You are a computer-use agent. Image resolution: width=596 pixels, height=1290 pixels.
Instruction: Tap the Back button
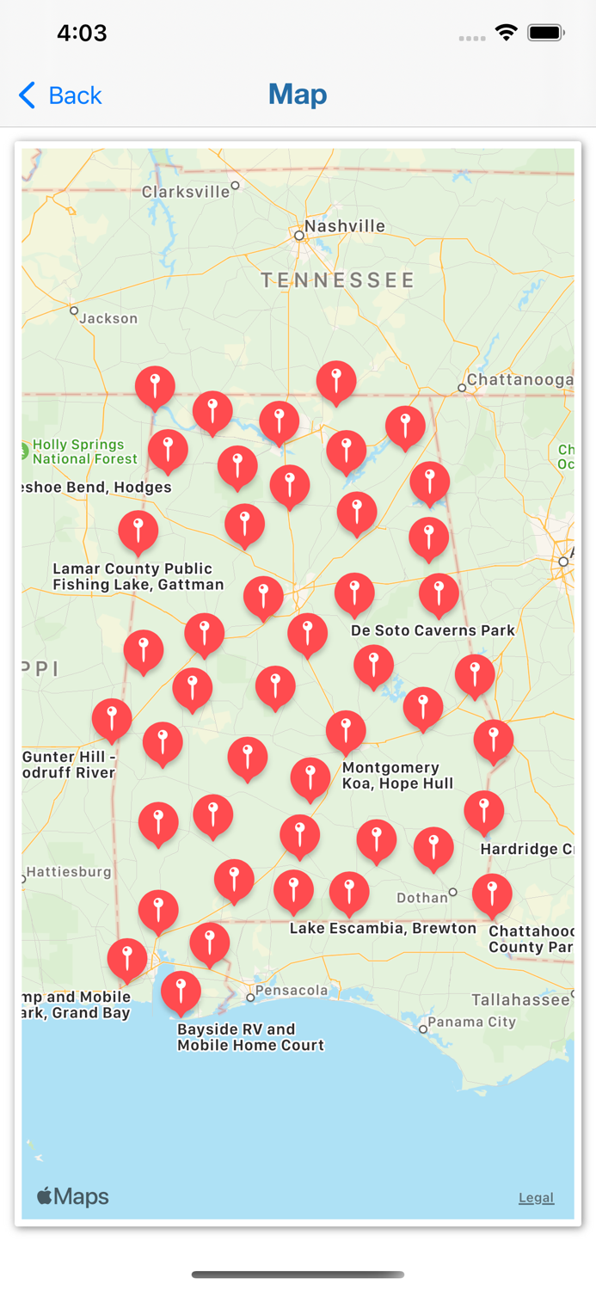pyautogui.click(x=60, y=95)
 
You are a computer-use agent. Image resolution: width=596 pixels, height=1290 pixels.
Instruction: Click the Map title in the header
pyautogui.click(x=298, y=94)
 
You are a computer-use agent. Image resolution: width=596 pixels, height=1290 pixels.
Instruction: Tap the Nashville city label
pyautogui.click(x=344, y=226)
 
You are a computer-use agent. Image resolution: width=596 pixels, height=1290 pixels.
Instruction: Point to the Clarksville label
pyautogui.click(x=186, y=192)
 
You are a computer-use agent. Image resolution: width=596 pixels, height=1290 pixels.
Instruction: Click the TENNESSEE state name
pyautogui.click(x=338, y=279)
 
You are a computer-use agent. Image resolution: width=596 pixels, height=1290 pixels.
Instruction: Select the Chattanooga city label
pyautogui.click(x=519, y=380)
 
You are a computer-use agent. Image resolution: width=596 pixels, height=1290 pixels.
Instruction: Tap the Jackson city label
pyautogui.click(x=108, y=318)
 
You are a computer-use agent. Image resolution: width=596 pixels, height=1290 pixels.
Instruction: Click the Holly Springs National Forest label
pyautogui.click(x=84, y=451)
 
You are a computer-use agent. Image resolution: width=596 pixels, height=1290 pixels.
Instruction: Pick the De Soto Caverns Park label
pyautogui.click(x=433, y=630)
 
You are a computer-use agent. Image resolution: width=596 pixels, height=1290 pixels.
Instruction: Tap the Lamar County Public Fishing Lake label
pyautogui.click(x=138, y=576)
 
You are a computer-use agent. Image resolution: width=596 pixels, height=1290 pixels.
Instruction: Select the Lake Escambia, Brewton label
pyautogui.click(x=383, y=928)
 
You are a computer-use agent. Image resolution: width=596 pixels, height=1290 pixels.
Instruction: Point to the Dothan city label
pyautogui.click(x=422, y=898)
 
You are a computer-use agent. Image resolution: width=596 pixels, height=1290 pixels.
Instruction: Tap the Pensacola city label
pyautogui.click(x=292, y=991)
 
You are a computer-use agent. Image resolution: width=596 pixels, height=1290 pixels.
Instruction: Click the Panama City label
pyautogui.click(x=472, y=1022)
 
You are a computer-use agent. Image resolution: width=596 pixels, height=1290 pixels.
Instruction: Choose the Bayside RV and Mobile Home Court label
pyautogui.click(x=250, y=1037)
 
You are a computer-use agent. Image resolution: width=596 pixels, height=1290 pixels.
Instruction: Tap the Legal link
pyautogui.click(x=536, y=1197)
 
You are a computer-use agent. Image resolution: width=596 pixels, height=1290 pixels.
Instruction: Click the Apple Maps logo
pyautogui.click(x=73, y=1196)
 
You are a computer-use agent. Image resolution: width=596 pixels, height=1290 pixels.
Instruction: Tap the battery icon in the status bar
pyautogui.click(x=545, y=33)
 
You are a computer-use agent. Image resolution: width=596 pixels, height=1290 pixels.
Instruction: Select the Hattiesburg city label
pyautogui.click(x=69, y=872)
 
